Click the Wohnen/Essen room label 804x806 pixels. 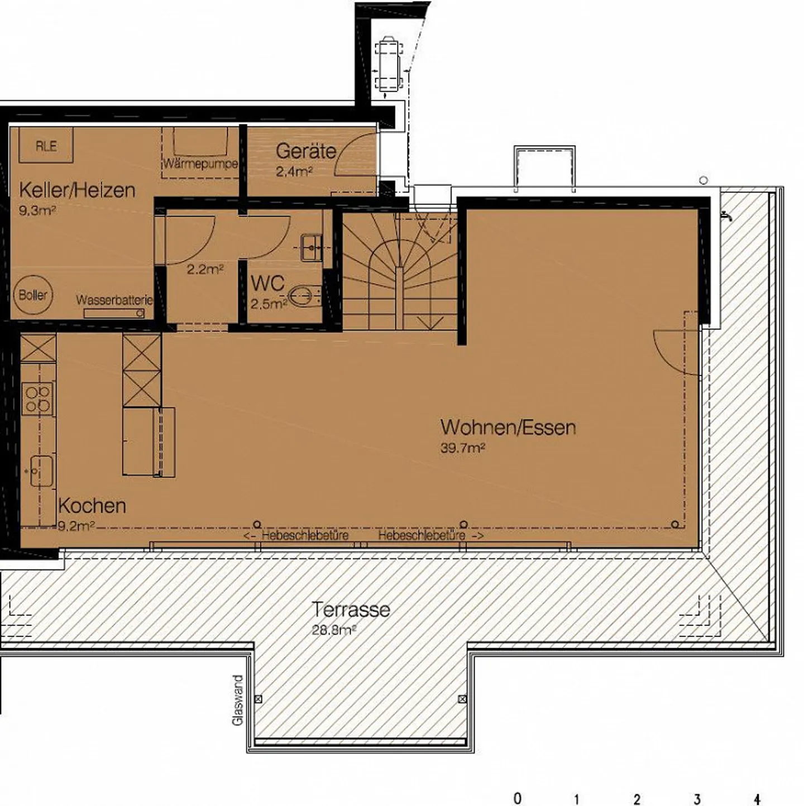pyautogui.click(x=508, y=428)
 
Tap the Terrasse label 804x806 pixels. pyautogui.click(x=351, y=609)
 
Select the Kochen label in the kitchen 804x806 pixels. pyautogui.click(x=92, y=506)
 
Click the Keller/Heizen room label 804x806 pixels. pyautogui.click(x=77, y=190)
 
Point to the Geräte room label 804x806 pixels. pyautogui.click(x=305, y=151)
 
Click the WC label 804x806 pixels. pyautogui.click(x=267, y=284)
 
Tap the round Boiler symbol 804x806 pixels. pyautogui.click(x=33, y=295)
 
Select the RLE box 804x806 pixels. pyautogui.click(x=46, y=146)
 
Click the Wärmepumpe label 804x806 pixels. pyautogui.click(x=200, y=164)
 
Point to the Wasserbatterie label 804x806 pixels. pyautogui.click(x=114, y=300)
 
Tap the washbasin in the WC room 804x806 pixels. pyautogui.click(x=311, y=247)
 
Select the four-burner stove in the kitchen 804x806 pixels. pyautogui.click(x=38, y=399)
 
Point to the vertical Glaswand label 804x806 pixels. pyautogui.click(x=238, y=700)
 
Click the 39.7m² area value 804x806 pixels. pyautogui.click(x=462, y=448)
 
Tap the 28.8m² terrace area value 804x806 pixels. pyautogui.click(x=333, y=630)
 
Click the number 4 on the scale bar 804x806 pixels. pyautogui.click(x=757, y=799)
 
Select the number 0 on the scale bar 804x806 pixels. pyautogui.click(x=517, y=799)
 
